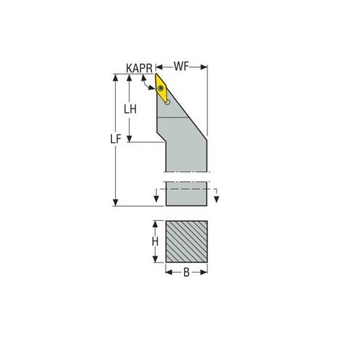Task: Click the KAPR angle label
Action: click(x=139, y=68)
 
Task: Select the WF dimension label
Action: click(x=181, y=66)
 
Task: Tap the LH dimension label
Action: click(x=130, y=109)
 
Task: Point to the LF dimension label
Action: click(x=115, y=139)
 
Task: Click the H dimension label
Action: click(x=156, y=241)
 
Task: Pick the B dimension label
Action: click(x=186, y=272)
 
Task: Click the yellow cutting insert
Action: click(x=163, y=89)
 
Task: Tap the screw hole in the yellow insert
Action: click(x=161, y=89)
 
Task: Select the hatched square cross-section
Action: click(x=186, y=241)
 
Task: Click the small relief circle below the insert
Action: click(x=168, y=102)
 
